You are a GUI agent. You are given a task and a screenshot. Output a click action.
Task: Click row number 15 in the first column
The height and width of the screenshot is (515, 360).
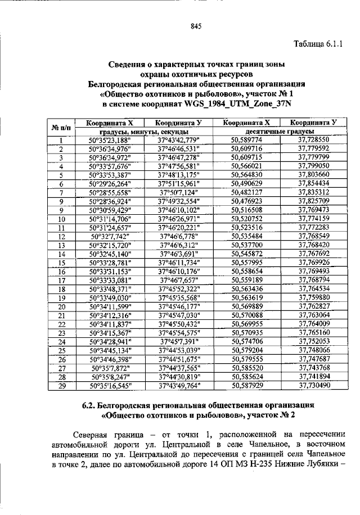pyautogui.click(x=62, y=263)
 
